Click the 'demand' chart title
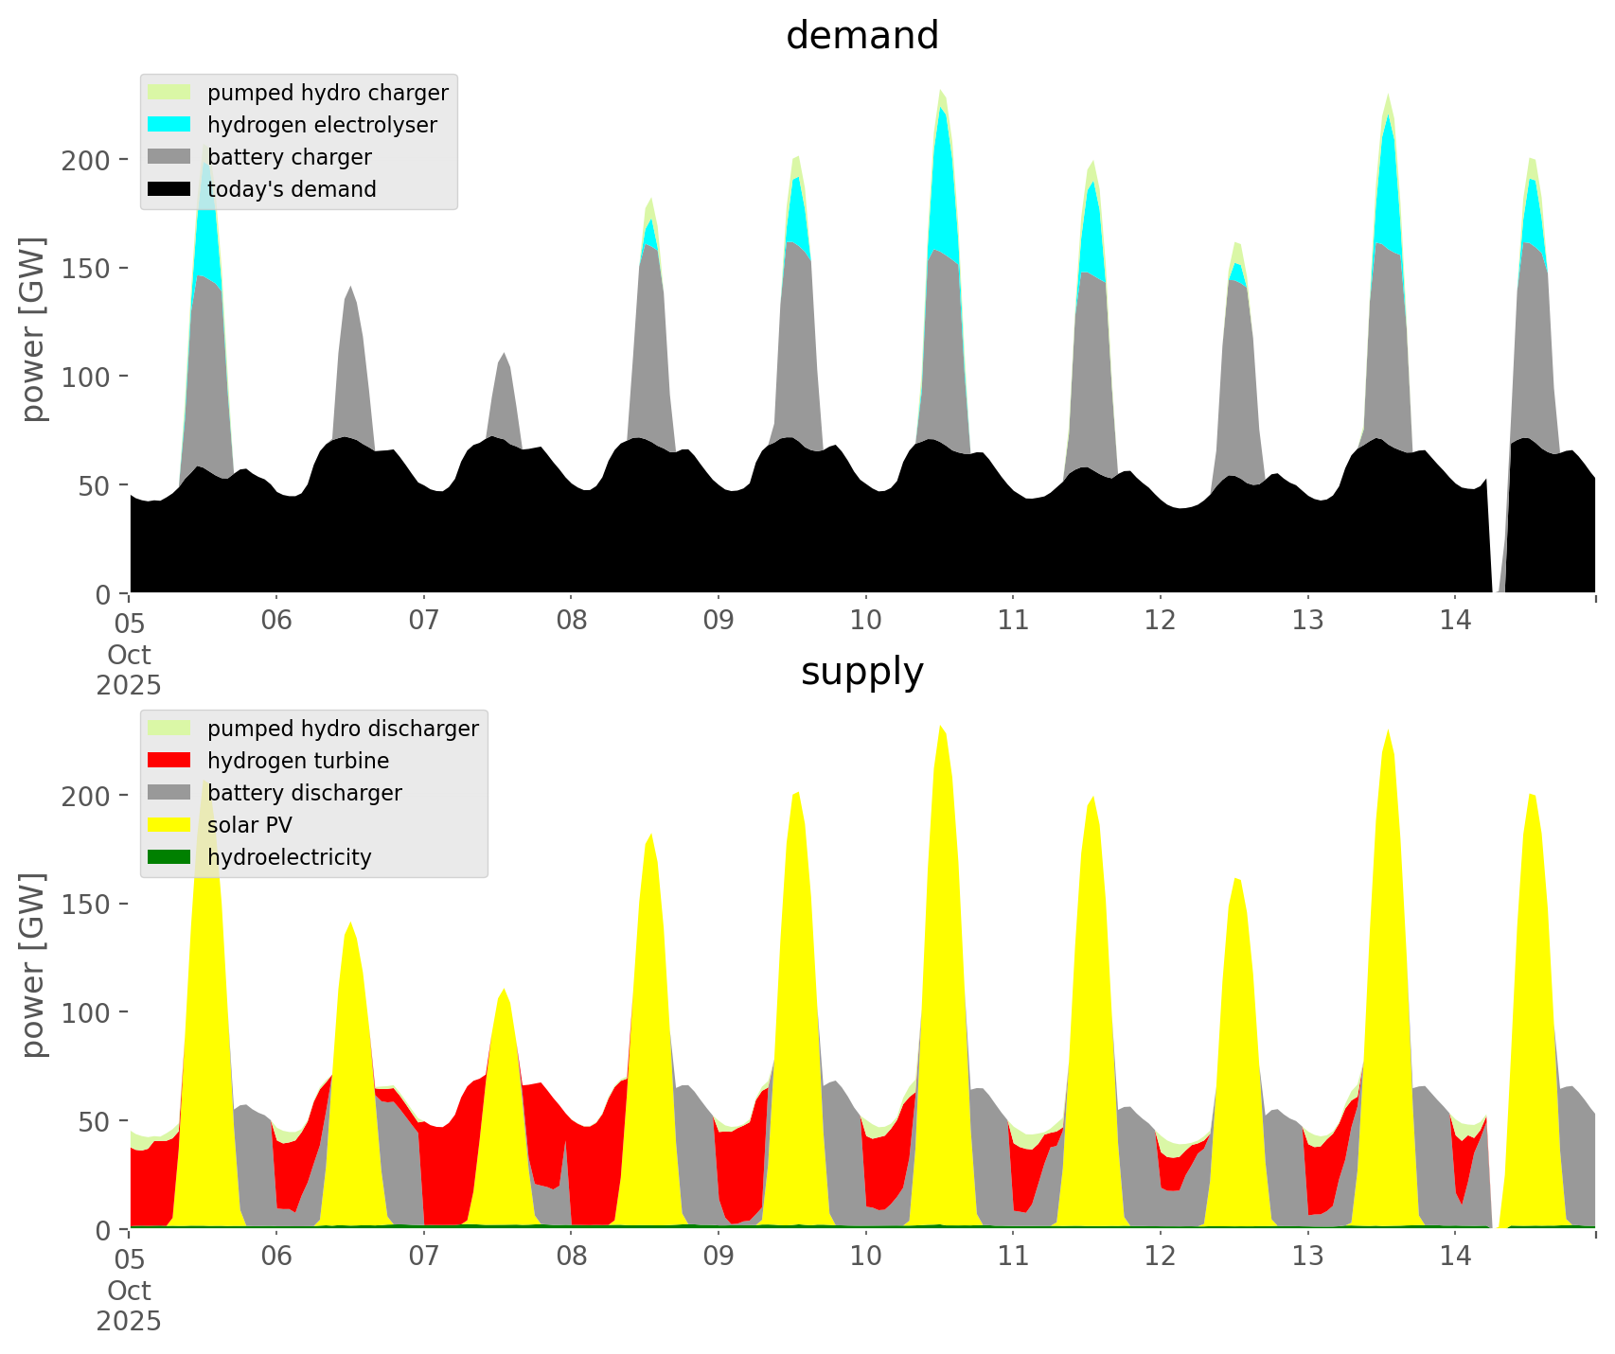(x=861, y=36)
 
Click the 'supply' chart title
(x=861, y=672)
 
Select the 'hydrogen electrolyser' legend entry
(x=321, y=125)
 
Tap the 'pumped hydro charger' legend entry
(x=327, y=93)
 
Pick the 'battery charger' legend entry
(x=289, y=157)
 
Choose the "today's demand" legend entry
(x=291, y=189)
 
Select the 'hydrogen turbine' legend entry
(x=297, y=761)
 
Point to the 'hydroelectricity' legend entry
(x=289, y=857)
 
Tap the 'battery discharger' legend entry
(x=304, y=793)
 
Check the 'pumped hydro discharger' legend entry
(x=342, y=729)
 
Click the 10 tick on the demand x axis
(x=865, y=622)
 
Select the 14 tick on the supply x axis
(x=1455, y=1257)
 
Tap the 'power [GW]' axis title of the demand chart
(x=33, y=329)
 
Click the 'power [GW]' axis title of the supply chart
(x=33, y=965)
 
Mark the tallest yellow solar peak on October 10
(x=941, y=733)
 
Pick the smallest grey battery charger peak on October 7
(x=504, y=397)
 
